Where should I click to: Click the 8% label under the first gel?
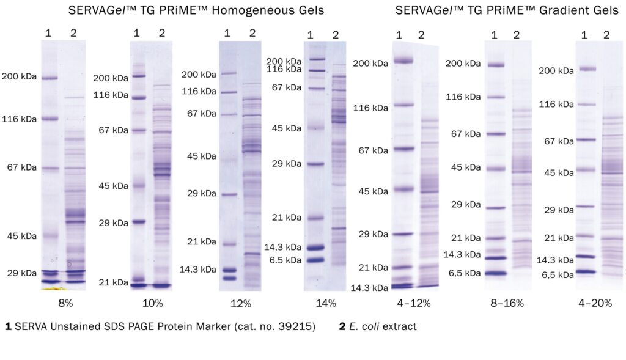(60, 303)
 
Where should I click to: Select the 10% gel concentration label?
(153, 303)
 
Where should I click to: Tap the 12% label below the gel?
(241, 303)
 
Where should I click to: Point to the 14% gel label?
(326, 303)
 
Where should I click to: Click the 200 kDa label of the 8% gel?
(20, 78)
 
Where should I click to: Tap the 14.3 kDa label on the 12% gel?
(197, 269)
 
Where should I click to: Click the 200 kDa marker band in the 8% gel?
(49, 78)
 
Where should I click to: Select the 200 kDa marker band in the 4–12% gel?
(403, 61)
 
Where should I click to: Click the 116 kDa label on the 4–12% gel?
(371, 108)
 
